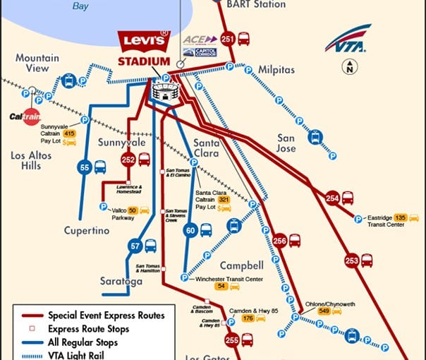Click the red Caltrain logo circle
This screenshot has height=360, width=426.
click(30, 116)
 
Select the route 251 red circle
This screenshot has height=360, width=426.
click(228, 39)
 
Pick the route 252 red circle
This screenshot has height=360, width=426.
click(128, 160)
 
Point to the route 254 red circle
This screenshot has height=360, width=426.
click(333, 198)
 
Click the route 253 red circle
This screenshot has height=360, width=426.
click(351, 260)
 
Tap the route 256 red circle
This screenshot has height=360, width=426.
click(279, 240)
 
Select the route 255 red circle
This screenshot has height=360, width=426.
click(232, 340)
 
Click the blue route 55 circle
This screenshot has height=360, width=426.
click(84, 167)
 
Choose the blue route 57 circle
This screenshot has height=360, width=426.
click(135, 246)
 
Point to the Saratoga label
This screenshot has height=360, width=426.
click(121, 281)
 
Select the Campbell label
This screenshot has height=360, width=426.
click(241, 265)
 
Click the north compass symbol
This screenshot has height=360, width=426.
click(348, 68)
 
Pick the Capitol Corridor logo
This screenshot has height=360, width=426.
click(200, 52)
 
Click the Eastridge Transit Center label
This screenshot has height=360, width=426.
click(385, 221)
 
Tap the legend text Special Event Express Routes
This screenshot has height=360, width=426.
click(106, 316)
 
